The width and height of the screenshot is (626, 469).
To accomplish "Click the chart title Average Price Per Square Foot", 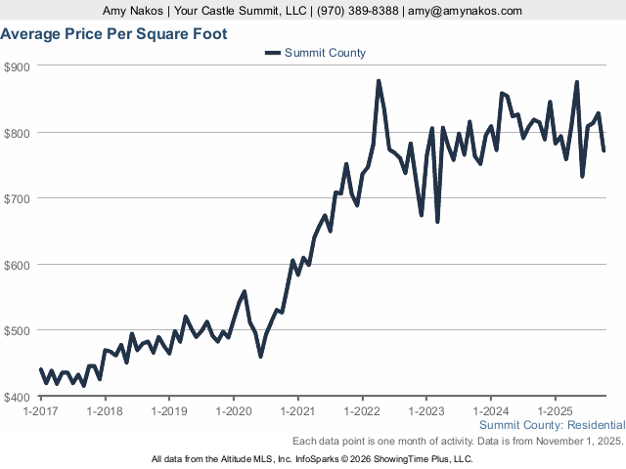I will (114, 34).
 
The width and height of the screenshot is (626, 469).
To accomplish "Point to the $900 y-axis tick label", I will (19, 66).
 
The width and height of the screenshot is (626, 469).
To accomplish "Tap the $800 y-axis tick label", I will (19, 133).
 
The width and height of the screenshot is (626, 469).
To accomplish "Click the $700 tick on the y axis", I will (19, 198).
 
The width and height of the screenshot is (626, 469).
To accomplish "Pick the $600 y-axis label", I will (19, 265).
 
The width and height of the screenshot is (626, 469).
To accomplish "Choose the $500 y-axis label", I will (19, 330).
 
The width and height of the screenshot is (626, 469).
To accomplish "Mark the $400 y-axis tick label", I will (19, 397).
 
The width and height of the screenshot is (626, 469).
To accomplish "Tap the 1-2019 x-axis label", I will (169, 411).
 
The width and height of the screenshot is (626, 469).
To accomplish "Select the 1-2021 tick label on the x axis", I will (297, 411).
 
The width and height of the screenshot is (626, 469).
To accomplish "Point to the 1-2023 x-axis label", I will (426, 411).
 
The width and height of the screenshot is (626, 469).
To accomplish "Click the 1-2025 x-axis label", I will (555, 411).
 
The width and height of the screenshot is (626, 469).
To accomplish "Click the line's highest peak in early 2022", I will (379, 81).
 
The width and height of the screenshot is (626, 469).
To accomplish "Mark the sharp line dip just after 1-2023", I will (437, 221).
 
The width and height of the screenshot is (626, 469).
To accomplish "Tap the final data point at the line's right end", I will (604, 149).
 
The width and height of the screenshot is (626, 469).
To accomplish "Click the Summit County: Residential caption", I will (552, 426).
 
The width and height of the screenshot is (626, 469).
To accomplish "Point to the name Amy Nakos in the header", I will (132, 11).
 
